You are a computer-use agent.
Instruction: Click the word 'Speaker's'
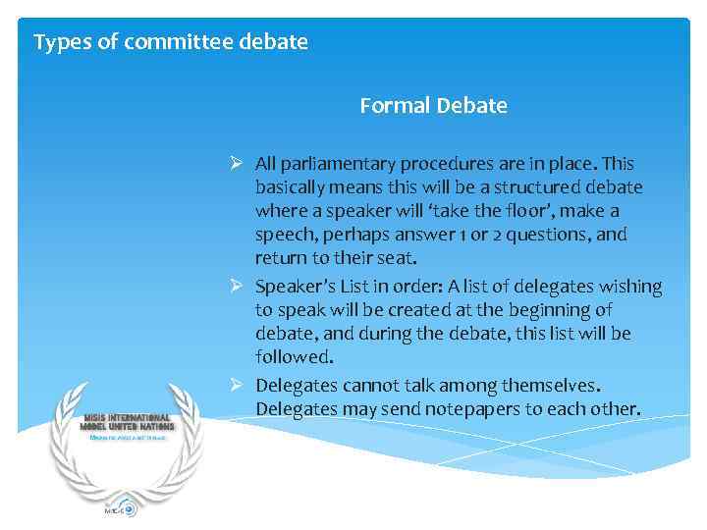[x=295, y=287]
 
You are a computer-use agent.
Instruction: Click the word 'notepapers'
[x=471, y=408]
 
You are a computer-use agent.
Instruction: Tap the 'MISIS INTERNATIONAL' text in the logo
[x=126, y=417]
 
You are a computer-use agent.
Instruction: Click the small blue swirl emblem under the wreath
[x=126, y=509]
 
